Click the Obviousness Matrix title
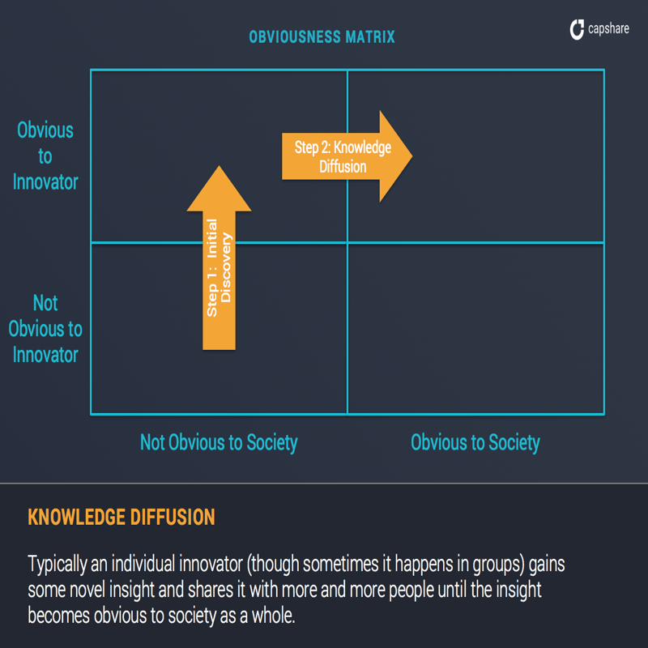pyautogui.click(x=322, y=37)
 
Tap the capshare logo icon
pyautogui.click(x=577, y=30)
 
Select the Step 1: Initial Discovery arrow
pyautogui.click(x=219, y=267)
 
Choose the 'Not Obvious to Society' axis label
pyautogui.click(x=219, y=443)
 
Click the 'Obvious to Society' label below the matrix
pyautogui.click(x=475, y=443)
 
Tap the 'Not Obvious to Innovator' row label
pyautogui.click(x=45, y=329)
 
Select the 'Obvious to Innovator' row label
pyautogui.click(x=45, y=156)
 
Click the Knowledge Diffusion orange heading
pyautogui.click(x=122, y=517)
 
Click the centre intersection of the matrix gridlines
pyautogui.click(x=347, y=242)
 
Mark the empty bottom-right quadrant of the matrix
pyautogui.click(x=475, y=328)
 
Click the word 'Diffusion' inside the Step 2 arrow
pyautogui.click(x=343, y=168)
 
